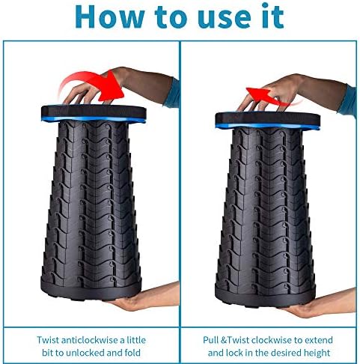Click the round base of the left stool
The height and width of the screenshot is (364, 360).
91,290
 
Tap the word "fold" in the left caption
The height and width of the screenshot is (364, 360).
132,353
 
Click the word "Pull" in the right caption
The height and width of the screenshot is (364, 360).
211,340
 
